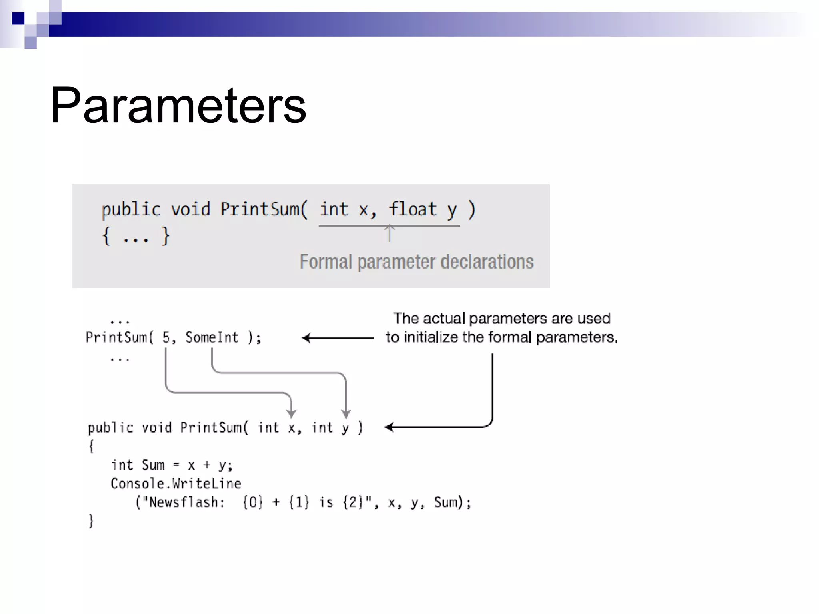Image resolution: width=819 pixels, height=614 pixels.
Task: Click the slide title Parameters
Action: (x=178, y=106)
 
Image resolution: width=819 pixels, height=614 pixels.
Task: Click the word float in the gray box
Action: (x=413, y=209)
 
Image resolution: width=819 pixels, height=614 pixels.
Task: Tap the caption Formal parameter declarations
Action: (x=416, y=262)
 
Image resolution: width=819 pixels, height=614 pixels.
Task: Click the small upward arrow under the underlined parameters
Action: (x=390, y=232)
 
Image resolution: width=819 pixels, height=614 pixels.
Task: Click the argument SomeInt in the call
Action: (x=212, y=337)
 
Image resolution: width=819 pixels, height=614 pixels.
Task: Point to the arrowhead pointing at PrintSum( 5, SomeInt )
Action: (x=306, y=338)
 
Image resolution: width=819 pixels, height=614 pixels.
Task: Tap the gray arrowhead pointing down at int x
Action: (x=292, y=413)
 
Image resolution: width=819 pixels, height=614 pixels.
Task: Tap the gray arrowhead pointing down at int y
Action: (x=346, y=413)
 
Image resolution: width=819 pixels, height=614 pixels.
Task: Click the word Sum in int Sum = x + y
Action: (x=153, y=465)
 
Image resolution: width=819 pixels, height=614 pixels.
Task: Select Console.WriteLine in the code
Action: (x=176, y=484)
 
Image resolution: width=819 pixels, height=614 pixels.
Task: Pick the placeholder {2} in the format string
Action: (x=352, y=502)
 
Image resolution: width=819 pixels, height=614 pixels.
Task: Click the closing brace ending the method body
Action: (x=91, y=520)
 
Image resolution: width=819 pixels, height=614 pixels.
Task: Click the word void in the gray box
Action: (x=190, y=209)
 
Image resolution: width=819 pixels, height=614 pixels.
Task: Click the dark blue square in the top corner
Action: (x=18, y=18)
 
